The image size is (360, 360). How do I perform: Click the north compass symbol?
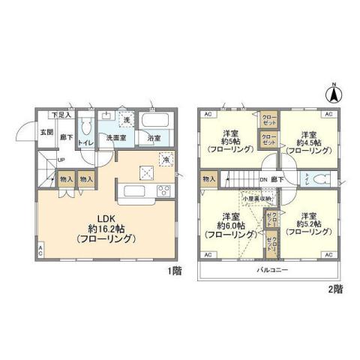(x=334, y=95)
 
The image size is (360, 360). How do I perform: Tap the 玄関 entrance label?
(x=45, y=132)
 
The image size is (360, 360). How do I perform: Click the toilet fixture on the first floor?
(x=85, y=127)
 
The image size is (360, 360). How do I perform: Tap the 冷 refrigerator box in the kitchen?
(x=165, y=160)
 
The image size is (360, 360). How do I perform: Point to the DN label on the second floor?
(x=263, y=180)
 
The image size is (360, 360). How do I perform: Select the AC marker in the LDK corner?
(x=40, y=252)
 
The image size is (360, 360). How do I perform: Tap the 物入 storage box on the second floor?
(x=208, y=179)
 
